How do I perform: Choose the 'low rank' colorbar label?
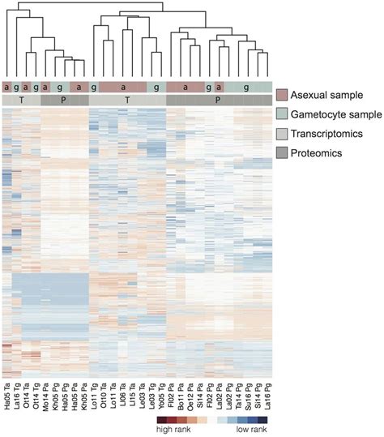(x=246, y=431)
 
